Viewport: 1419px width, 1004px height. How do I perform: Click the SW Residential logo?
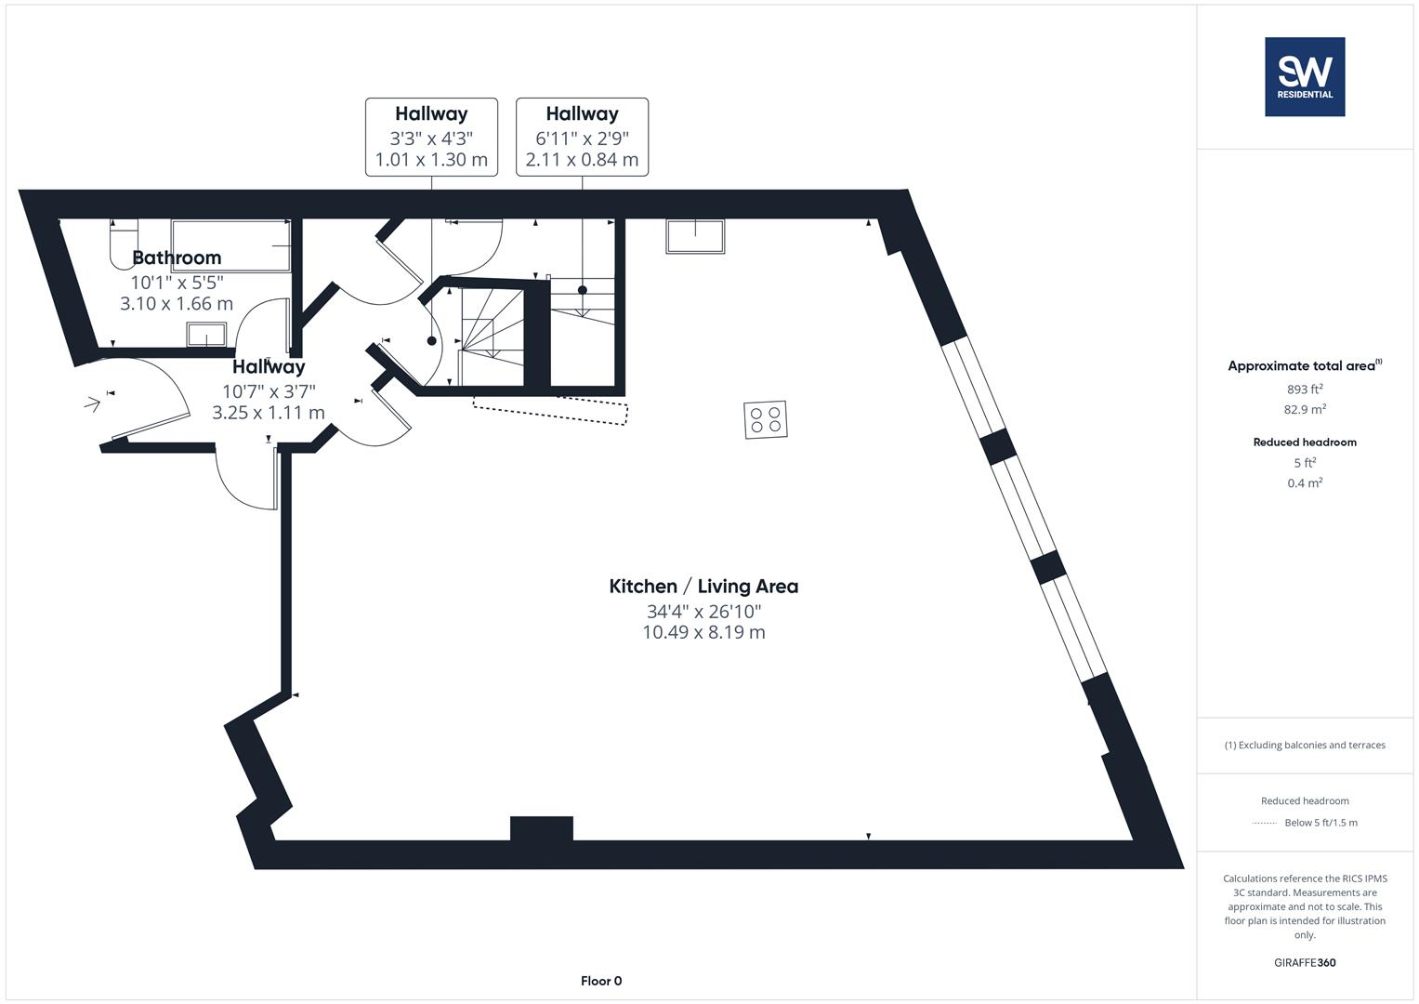(x=1304, y=76)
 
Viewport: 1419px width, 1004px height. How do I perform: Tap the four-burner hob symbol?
(x=765, y=419)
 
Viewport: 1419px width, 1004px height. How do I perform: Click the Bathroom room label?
(x=177, y=258)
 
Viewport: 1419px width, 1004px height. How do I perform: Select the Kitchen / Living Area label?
(x=703, y=586)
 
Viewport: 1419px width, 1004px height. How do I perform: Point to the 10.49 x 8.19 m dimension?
(x=703, y=632)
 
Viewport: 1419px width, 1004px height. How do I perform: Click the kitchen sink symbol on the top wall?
(x=694, y=236)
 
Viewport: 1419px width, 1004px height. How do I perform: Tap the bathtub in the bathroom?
(x=230, y=245)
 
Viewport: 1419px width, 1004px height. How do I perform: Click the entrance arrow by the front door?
(x=92, y=403)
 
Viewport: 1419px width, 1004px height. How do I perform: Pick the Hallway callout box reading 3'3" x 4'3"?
(x=431, y=137)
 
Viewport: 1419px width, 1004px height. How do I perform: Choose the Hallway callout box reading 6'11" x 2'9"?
(x=582, y=137)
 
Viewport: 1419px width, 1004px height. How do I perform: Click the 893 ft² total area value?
(x=1304, y=389)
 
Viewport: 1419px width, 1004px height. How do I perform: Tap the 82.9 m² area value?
(x=1304, y=409)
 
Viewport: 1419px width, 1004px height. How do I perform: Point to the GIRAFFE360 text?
(x=1304, y=962)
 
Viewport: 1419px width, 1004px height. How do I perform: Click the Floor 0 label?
(x=600, y=981)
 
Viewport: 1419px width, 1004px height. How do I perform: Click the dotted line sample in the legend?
(x=1265, y=823)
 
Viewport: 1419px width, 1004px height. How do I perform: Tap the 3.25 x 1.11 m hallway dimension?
(x=268, y=413)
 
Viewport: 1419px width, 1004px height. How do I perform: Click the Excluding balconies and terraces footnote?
(x=1304, y=745)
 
